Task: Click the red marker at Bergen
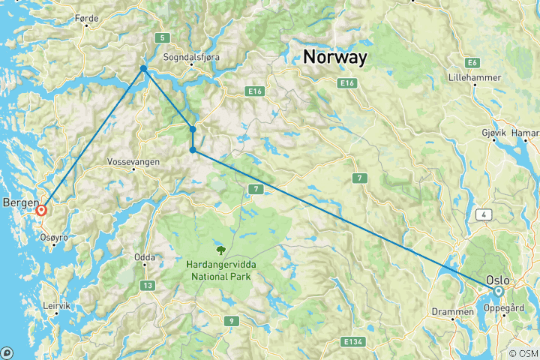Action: coord(41,211)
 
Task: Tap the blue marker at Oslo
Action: coord(498,290)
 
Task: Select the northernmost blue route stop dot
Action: coord(143,68)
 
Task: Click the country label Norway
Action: coord(334,57)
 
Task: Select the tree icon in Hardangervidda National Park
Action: coord(220,250)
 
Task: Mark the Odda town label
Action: coord(144,257)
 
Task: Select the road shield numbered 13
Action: coord(148,285)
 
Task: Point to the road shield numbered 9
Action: coord(232,321)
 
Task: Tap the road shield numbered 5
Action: coord(160,37)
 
